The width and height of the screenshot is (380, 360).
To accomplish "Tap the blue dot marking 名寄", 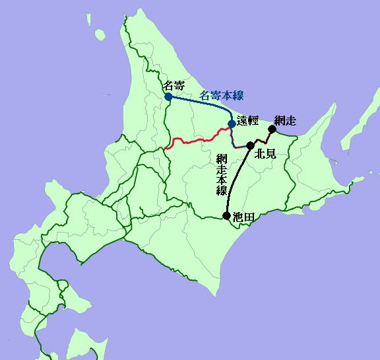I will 168,96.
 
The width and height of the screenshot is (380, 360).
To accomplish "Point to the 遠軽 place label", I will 247,121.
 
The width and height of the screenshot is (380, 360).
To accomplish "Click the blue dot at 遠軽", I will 232,124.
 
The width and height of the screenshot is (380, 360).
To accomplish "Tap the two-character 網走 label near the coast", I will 285,120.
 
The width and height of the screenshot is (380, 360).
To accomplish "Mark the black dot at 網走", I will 272,129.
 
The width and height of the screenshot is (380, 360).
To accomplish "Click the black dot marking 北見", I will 250,145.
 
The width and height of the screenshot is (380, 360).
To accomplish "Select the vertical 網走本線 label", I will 222,174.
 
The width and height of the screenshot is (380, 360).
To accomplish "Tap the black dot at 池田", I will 227,216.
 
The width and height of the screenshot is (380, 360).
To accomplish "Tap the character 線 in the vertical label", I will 222,190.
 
